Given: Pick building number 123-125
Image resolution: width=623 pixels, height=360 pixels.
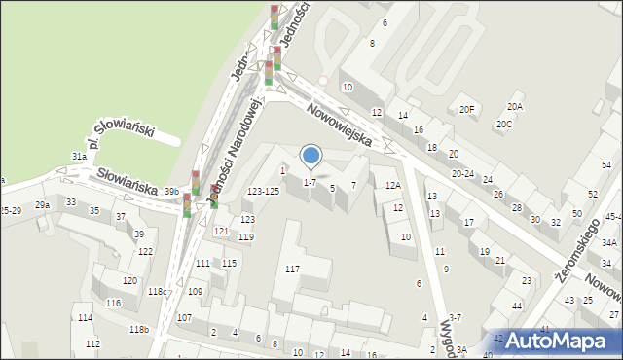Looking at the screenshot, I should click(263, 191).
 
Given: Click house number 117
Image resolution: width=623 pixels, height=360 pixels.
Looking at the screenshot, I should click(292, 268).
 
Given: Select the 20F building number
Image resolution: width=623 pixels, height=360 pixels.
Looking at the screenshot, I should click(468, 109).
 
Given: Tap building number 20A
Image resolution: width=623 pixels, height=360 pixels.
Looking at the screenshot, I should click(514, 106).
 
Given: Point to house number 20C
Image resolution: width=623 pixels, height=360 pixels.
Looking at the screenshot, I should click(503, 124).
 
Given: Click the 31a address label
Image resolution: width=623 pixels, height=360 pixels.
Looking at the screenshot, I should click(79, 156).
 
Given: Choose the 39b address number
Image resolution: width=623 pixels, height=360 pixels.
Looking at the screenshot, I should click(171, 191).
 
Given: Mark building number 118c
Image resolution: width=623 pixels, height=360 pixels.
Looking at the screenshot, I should click(156, 291).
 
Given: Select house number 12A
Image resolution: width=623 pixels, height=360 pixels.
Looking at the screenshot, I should click(392, 185).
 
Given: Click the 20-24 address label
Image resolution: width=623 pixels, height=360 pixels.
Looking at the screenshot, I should click(462, 174).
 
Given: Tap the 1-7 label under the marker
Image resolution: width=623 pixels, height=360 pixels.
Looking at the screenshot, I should click(310, 182).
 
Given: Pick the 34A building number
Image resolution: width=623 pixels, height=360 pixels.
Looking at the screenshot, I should click(609, 242).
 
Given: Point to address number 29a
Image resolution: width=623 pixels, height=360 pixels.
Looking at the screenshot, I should click(42, 205).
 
